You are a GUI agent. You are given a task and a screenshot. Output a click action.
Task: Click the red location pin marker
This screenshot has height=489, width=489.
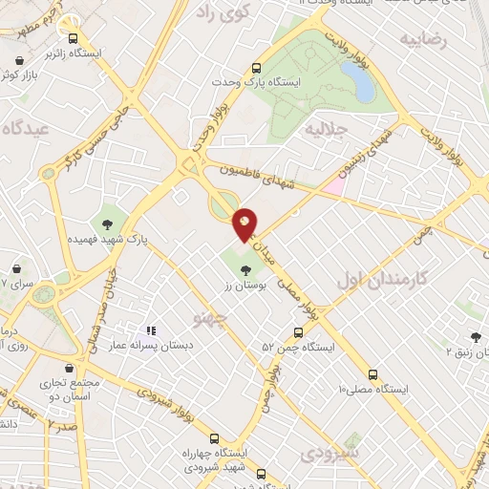coord(245,224)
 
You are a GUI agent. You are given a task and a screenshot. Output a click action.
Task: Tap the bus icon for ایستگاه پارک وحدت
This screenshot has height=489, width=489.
coord(256,68)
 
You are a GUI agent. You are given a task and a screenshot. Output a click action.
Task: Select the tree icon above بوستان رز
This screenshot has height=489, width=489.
coord(247,270)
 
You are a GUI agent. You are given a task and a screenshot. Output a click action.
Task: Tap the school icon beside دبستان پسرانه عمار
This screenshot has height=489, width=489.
coord(150,330)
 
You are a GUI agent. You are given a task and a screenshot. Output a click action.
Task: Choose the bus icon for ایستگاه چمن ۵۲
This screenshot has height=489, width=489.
coord(299,333)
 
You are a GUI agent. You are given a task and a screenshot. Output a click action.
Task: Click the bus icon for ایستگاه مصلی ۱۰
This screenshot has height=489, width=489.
coord(372,374)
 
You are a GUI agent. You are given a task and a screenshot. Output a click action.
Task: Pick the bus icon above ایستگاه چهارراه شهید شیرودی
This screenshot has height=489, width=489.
coord(214,437)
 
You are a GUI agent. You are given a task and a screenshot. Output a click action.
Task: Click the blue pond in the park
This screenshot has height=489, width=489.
coord(363,84)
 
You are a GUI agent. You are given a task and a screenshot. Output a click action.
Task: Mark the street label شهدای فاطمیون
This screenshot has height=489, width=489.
coord(259,178)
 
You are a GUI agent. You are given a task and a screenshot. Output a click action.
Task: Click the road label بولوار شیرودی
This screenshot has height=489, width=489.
coord(166,400)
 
